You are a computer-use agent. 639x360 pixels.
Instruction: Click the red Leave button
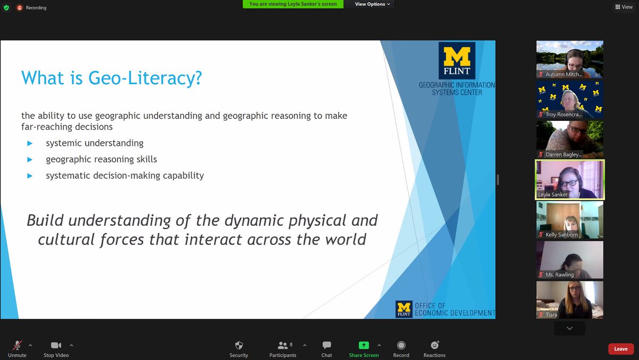point(621,349)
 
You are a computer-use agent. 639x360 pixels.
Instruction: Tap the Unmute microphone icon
point(17,345)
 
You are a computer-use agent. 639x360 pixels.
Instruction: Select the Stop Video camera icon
point(56,345)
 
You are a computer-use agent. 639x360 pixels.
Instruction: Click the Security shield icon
point(239,345)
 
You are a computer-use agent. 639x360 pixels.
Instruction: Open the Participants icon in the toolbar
point(282,345)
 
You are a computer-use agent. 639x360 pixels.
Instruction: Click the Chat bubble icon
point(326,345)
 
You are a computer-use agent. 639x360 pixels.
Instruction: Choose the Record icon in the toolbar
point(401,345)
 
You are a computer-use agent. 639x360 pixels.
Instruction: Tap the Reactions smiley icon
point(435,345)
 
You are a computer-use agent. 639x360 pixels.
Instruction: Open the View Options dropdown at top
point(372,4)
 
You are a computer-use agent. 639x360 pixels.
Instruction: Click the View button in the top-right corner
point(624,7)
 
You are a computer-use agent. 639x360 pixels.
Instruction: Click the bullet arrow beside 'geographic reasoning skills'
point(30,159)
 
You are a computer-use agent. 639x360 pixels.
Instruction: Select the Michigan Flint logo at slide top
point(457,61)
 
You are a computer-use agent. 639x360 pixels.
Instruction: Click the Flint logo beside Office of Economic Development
point(404,309)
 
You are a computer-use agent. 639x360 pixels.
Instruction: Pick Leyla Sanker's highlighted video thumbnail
point(569,179)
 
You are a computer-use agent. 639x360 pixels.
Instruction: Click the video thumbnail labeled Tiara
point(569,299)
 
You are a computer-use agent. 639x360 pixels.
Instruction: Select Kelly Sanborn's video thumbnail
point(569,219)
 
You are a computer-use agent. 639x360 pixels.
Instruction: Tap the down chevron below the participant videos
point(569,328)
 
